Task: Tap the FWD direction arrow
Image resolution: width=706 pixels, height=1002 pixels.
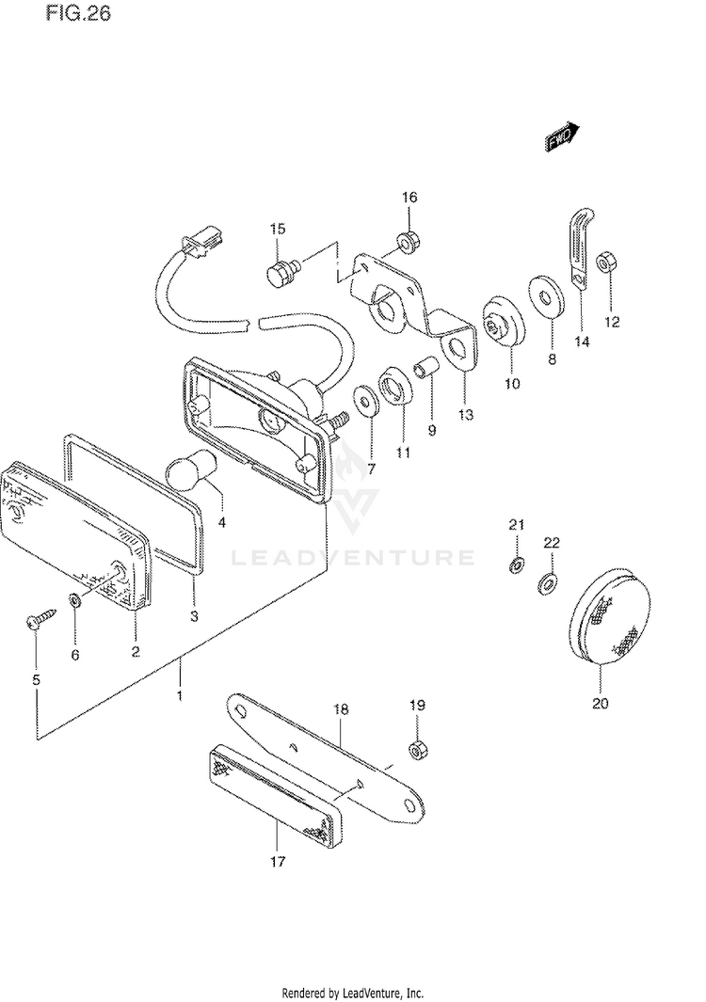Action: (562, 137)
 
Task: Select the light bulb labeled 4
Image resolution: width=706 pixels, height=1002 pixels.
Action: (193, 470)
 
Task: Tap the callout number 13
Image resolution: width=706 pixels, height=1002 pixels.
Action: (467, 414)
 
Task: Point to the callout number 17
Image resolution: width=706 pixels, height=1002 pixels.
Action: (278, 860)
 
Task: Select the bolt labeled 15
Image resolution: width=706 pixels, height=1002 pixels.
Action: (279, 276)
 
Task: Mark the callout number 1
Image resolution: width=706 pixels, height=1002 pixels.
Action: (179, 696)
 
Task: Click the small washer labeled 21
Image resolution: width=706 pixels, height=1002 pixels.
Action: (516, 565)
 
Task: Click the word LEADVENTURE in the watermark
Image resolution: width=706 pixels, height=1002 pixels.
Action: (353, 558)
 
